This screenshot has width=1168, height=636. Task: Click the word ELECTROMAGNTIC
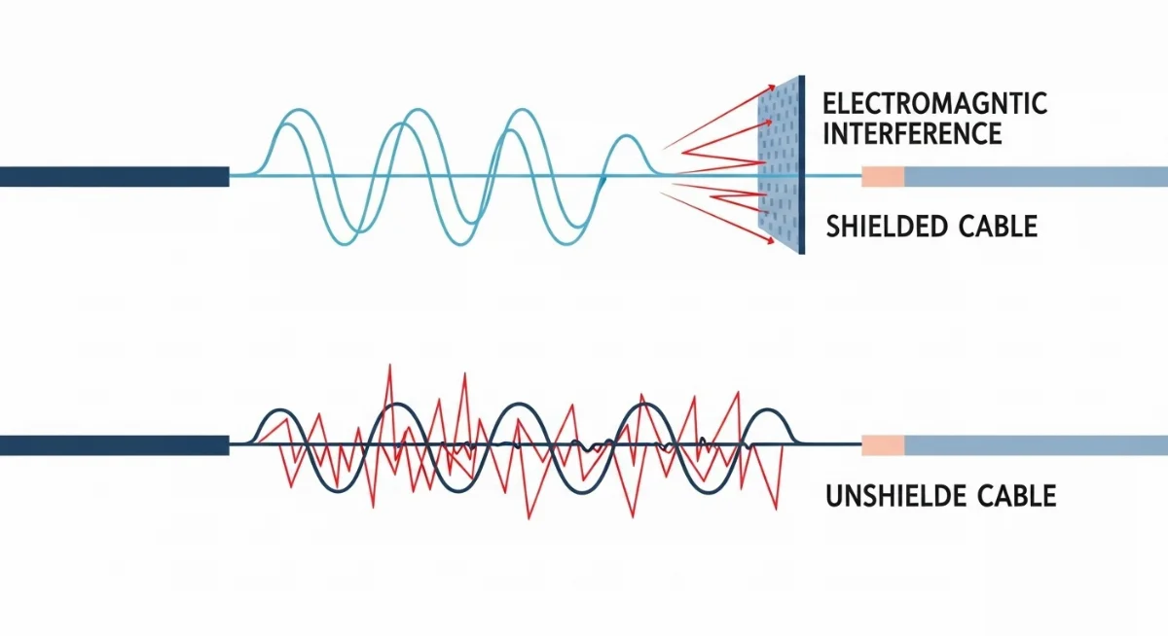(934, 103)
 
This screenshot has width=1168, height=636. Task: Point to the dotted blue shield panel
(777, 165)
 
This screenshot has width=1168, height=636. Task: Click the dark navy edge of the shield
(801, 165)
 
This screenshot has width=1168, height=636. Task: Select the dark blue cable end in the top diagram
(114, 176)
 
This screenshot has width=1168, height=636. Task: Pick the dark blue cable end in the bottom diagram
(114, 445)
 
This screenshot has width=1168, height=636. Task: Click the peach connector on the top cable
(883, 176)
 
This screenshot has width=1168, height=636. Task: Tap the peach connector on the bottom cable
(883, 445)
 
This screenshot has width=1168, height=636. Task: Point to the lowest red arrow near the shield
(730, 225)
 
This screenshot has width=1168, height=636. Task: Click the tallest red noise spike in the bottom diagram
(389, 368)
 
